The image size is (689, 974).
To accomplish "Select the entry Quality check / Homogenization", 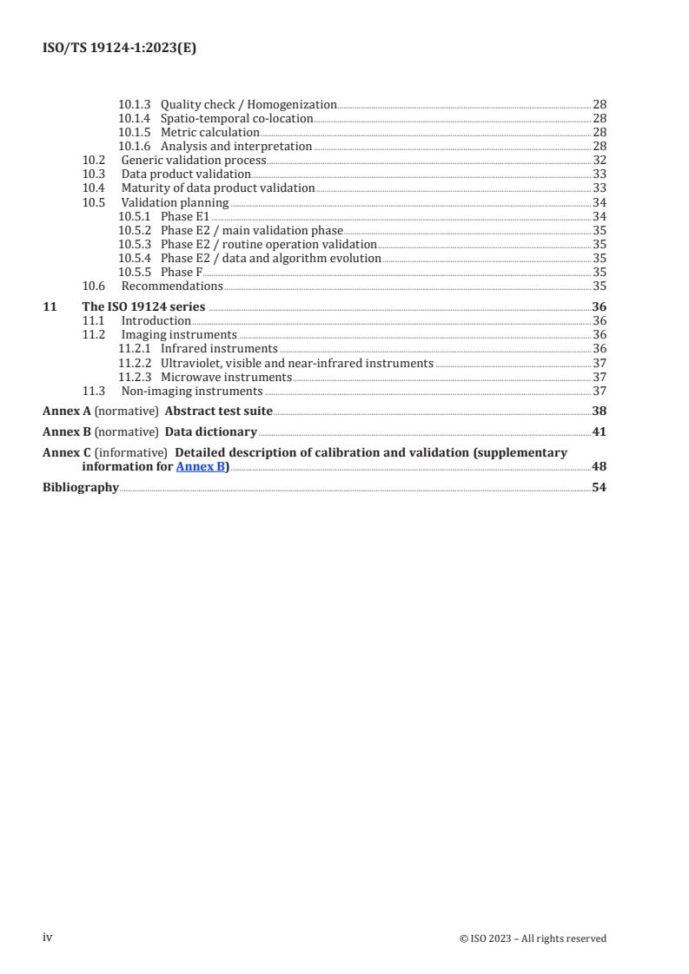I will tap(248, 104).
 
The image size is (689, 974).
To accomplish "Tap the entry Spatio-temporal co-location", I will tap(236, 118).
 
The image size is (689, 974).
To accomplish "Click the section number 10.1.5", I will tap(135, 132).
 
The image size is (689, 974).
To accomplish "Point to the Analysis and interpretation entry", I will tap(236, 146).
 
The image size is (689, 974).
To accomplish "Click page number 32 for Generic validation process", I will tap(599, 160).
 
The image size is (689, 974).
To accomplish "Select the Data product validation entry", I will tap(186, 174).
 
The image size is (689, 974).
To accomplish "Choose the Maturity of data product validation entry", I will tap(218, 188).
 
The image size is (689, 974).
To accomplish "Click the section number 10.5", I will tap(94, 202).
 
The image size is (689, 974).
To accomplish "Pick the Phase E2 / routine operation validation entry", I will tap(268, 244).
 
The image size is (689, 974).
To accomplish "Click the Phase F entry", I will tap(182, 272).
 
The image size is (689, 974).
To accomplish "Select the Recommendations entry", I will tap(172, 286).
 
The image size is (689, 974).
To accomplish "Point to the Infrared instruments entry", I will tap(219, 348).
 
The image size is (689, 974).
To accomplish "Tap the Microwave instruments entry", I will tap(226, 377).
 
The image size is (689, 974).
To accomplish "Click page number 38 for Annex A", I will tap(599, 411).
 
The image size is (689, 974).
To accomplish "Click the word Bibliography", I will tap(81, 487).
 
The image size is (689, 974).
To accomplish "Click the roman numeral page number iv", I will tap(49, 938).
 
